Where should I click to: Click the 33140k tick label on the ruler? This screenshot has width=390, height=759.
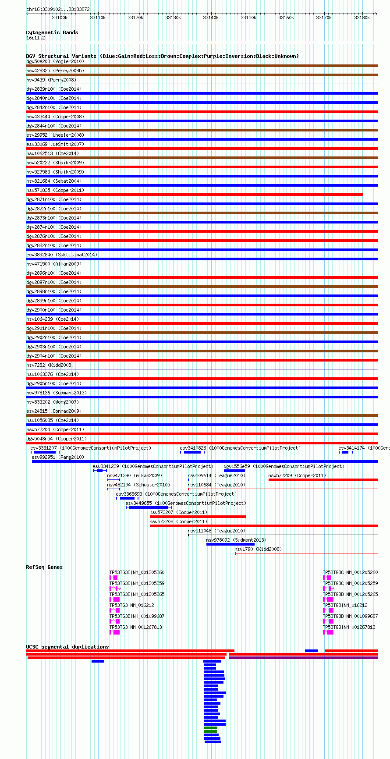(211, 18)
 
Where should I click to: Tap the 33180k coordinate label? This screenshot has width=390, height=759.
(362, 18)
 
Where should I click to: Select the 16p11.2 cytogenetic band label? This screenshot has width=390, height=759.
(35, 38)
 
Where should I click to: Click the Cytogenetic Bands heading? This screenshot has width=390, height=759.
(52, 32)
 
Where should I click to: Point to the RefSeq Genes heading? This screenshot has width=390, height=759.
(44, 567)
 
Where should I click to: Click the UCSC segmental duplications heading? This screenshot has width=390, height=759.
(67, 647)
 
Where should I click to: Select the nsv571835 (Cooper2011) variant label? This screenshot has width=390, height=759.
(55, 190)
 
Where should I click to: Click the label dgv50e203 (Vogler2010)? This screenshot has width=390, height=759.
(55, 61)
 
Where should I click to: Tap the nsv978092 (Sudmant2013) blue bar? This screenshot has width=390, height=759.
(230, 544)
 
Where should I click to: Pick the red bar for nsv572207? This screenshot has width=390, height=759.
(198, 517)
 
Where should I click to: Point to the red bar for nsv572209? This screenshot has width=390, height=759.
(323, 480)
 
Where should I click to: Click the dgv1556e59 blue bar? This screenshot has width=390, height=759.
(234, 471)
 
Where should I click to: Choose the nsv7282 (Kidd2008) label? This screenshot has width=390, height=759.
(50, 365)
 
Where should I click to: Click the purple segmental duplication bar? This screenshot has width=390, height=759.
(303, 658)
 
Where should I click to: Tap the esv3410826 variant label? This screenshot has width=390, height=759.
(193, 448)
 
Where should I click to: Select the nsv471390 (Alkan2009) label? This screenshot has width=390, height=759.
(135, 475)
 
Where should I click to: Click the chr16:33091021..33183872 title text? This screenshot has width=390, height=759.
(58, 9)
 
